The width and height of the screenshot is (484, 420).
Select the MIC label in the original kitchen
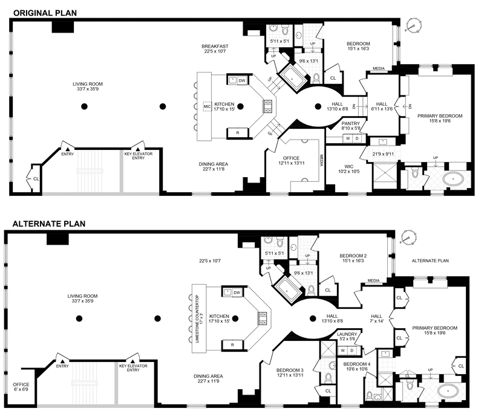coord(207,106)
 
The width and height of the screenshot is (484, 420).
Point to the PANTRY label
coord(350,123)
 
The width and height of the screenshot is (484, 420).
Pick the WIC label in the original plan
coord(344,169)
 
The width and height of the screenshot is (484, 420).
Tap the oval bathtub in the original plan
coord(451,179)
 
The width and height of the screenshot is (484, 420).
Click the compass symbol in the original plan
coord(413,26)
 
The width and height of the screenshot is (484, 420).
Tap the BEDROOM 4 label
coord(356,364)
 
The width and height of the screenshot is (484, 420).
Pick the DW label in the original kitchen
coord(242,80)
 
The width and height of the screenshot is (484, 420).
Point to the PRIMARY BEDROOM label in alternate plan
coord(435,328)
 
